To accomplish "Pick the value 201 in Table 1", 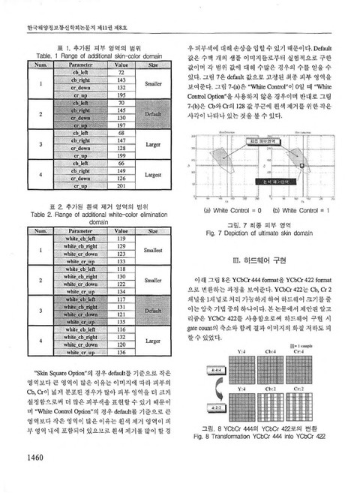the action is point(121,185).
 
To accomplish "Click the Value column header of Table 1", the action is point(121,65).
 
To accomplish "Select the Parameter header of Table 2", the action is point(79,232).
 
